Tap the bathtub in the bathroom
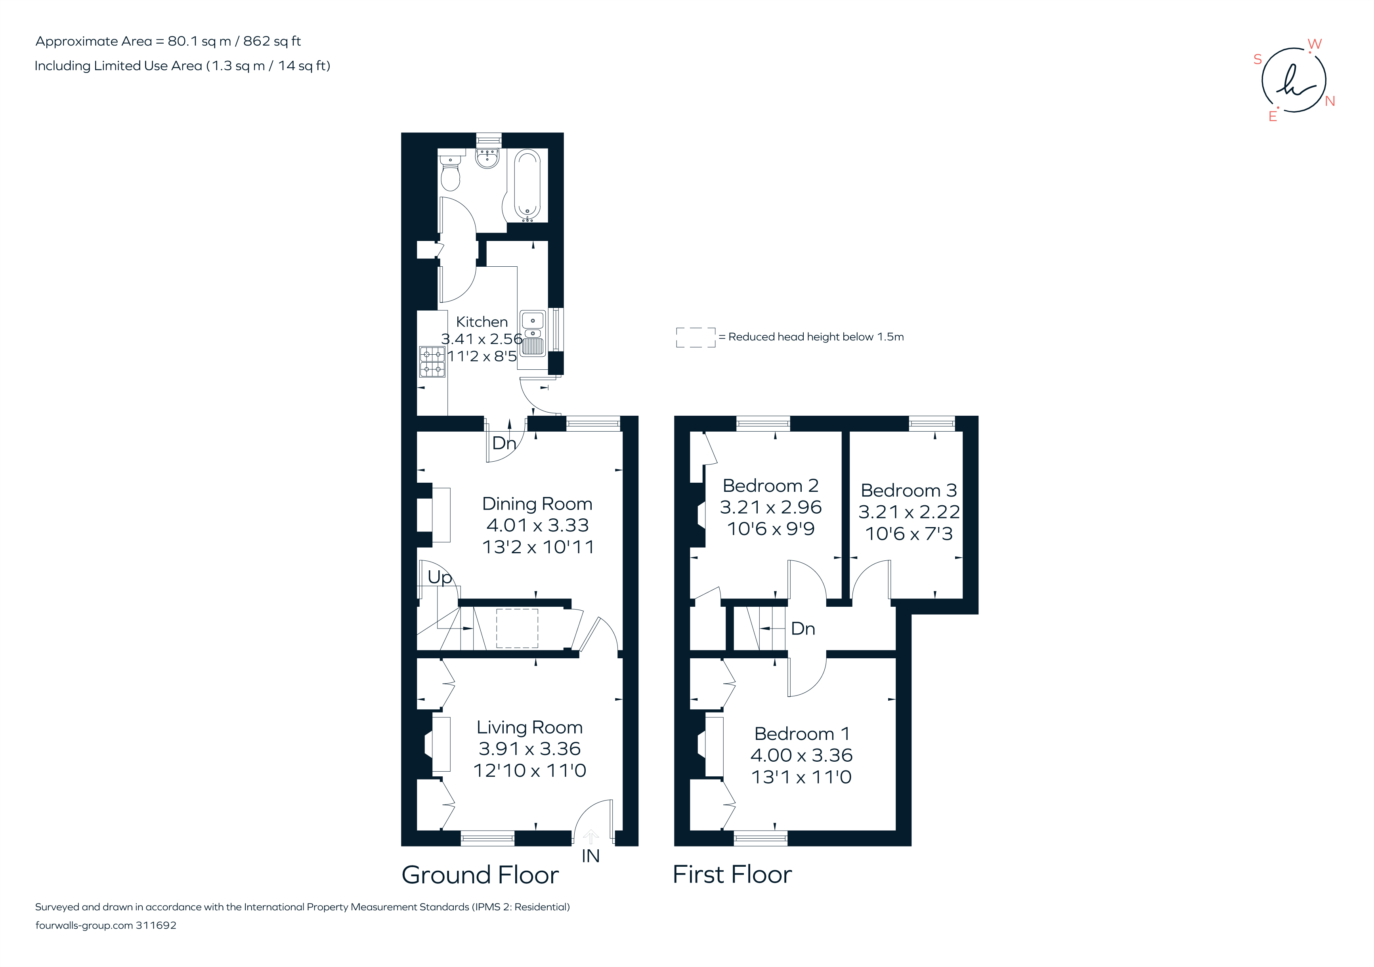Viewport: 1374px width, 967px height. click(x=527, y=184)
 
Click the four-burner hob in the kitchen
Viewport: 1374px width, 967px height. click(x=432, y=361)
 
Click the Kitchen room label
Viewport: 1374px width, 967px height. click(x=482, y=322)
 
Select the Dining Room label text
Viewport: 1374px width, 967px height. click(x=537, y=504)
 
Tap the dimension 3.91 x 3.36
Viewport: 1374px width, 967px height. click(x=529, y=749)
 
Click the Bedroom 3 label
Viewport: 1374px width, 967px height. click(x=908, y=491)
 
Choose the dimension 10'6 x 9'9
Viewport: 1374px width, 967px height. click(x=771, y=529)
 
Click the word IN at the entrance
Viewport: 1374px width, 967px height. click(x=590, y=856)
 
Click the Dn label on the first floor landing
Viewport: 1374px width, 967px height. click(x=803, y=629)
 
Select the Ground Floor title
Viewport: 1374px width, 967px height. click(x=480, y=875)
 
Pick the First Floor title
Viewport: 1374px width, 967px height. click(x=732, y=875)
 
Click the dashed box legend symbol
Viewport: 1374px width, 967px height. click(x=696, y=338)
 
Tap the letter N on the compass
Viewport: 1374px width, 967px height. click(x=1330, y=101)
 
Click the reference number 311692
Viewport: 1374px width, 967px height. click(x=156, y=925)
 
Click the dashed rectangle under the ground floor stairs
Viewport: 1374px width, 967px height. click(x=517, y=628)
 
